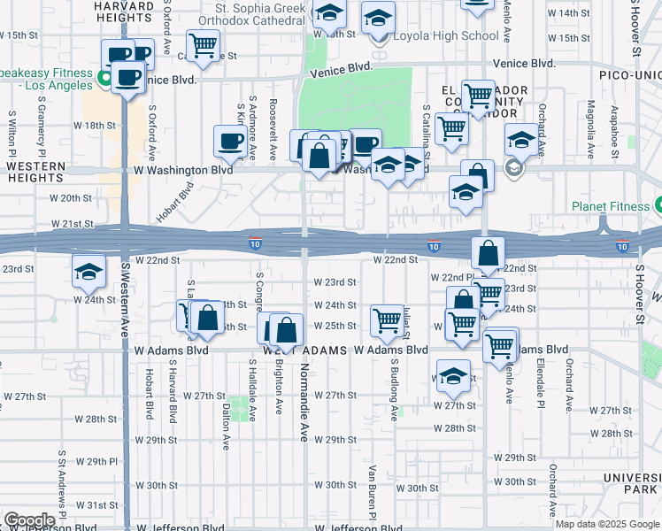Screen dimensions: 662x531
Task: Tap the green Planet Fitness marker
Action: (x=658, y=206)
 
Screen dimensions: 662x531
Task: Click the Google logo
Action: (x=29, y=519)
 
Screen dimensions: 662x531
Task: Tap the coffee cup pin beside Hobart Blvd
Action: (x=230, y=140)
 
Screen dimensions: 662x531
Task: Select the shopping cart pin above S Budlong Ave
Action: (x=387, y=320)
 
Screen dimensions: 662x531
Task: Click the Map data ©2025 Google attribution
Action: (x=607, y=524)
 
